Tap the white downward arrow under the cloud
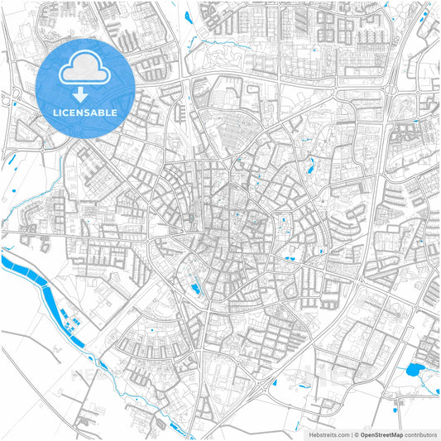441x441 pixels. click(85, 97)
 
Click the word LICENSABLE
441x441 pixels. click(85, 113)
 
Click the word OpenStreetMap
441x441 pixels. click(381, 434)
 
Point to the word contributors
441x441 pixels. click(420, 434)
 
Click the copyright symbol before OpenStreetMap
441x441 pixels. click(356, 434)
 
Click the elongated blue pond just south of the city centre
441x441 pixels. click(195, 289)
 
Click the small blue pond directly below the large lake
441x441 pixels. click(399, 405)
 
